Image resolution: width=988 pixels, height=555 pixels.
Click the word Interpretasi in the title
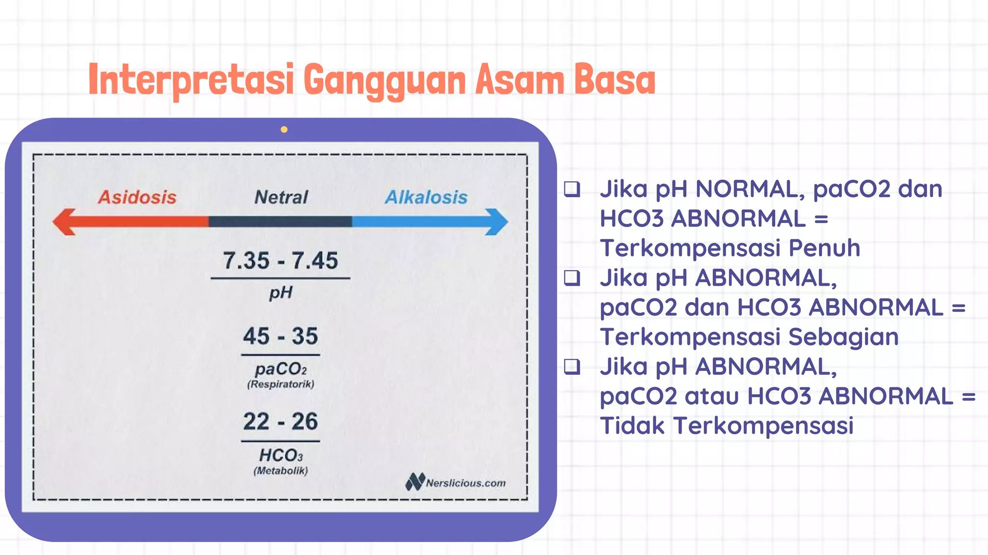pyautogui.click(x=191, y=80)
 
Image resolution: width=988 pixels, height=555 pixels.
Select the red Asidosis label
pyautogui.click(x=137, y=197)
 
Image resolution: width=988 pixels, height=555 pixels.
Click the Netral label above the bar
pyautogui.click(x=281, y=197)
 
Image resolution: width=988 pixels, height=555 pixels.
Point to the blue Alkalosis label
pyautogui.click(x=426, y=197)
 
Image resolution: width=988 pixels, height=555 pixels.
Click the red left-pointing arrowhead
pyautogui.click(x=65, y=222)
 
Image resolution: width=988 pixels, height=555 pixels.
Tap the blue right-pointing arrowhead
pyautogui.click(x=497, y=222)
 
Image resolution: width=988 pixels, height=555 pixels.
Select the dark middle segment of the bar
pyautogui.click(x=280, y=222)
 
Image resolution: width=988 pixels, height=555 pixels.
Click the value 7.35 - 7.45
pyautogui.click(x=280, y=261)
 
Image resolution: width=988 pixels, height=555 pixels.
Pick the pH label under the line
pyautogui.click(x=280, y=292)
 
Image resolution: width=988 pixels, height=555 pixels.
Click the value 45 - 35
pyautogui.click(x=280, y=336)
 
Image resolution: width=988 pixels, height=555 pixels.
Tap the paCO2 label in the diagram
pyautogui.click(x=280, y=369)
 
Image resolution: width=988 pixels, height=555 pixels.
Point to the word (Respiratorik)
pyautogui.click(x=280, y=384)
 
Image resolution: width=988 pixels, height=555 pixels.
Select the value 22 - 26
pyautogui.click(x=280, y=422)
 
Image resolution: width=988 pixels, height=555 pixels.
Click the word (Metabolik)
pyautogui.click(x=280, y=471)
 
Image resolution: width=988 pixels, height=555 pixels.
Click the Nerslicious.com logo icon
pyautogui.click(x=415, y=481)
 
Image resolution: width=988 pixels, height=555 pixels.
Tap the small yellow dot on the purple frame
pyautogui.click(x=284, y=130)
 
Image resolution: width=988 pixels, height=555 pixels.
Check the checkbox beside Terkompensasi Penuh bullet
pyautogui.click(x=572, y=189)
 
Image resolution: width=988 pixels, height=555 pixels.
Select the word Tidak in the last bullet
pyautogui.click(x=632, y=426)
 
